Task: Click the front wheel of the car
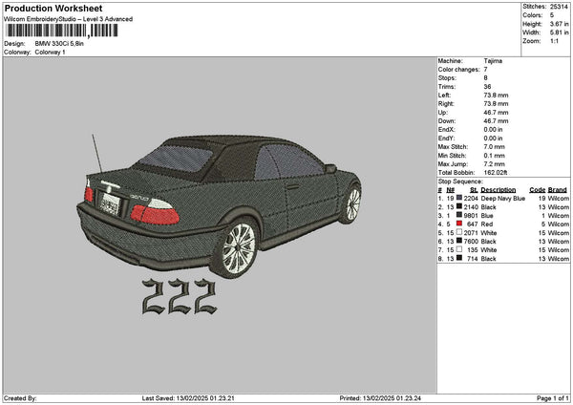click(353, 202)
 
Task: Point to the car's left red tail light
click(89, 194)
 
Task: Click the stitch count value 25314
click(558, 6)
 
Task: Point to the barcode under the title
click(63, 32)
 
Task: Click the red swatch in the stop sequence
click(460, 223)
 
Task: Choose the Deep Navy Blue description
click(503, 198)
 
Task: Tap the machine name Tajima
click(493, 59)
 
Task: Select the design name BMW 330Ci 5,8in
click(60, 43)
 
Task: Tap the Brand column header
click(559, 189)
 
